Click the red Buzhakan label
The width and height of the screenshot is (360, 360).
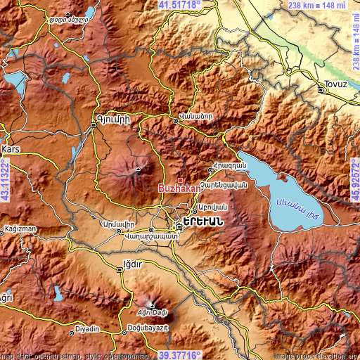(179, 189)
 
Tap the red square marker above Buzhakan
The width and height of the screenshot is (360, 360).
(180, 180)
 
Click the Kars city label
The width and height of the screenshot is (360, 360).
(11, 150)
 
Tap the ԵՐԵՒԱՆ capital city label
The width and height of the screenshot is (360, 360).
(204, 221)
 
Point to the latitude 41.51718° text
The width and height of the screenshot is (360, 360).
(179, 5)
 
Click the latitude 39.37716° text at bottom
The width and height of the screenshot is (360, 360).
(179, 355)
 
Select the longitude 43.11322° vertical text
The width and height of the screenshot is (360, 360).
(5, 180)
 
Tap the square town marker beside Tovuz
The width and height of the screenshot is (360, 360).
(322, 90)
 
